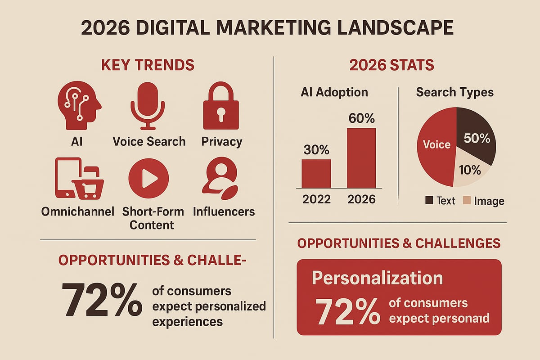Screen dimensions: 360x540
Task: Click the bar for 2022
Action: coord(316,174)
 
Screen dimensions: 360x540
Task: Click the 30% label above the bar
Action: coord(316,150)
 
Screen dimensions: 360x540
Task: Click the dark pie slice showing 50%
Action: coord(475,135)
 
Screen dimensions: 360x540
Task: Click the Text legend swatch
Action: coord(429,201)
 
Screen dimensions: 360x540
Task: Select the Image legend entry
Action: coord(484,201)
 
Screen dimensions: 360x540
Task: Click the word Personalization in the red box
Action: coord(377,278)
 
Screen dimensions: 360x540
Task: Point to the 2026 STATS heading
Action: coord(391,65)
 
